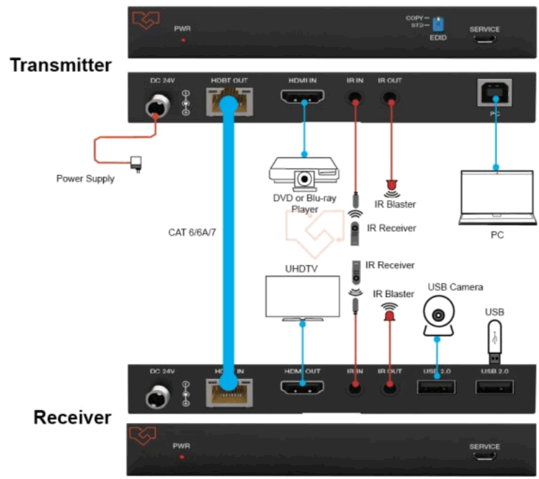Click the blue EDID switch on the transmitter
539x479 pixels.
tap(436, 28)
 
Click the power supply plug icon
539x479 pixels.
tap(136, 163)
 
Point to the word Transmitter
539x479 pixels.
tap(61, 65)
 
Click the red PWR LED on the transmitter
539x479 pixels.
tap(182, 41)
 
